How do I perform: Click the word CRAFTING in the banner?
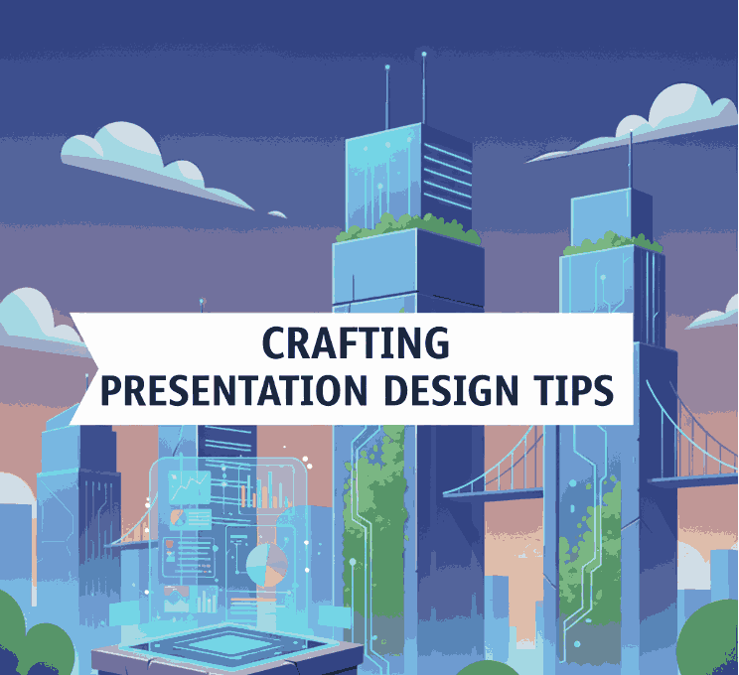tap(356, 342)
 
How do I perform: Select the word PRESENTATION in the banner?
tap(234, 390)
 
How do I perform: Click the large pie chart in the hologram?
tap(267, 565)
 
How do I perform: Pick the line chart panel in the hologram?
tap(190, 486)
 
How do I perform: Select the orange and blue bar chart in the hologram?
tap(265, 493)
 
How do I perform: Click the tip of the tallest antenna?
tap(424, 55)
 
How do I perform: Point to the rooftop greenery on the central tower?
tap(408, 227)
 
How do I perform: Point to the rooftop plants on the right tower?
tap(613, 243)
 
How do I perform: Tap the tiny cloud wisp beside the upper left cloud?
tap(277, 214)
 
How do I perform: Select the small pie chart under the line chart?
tap(178, 518)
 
